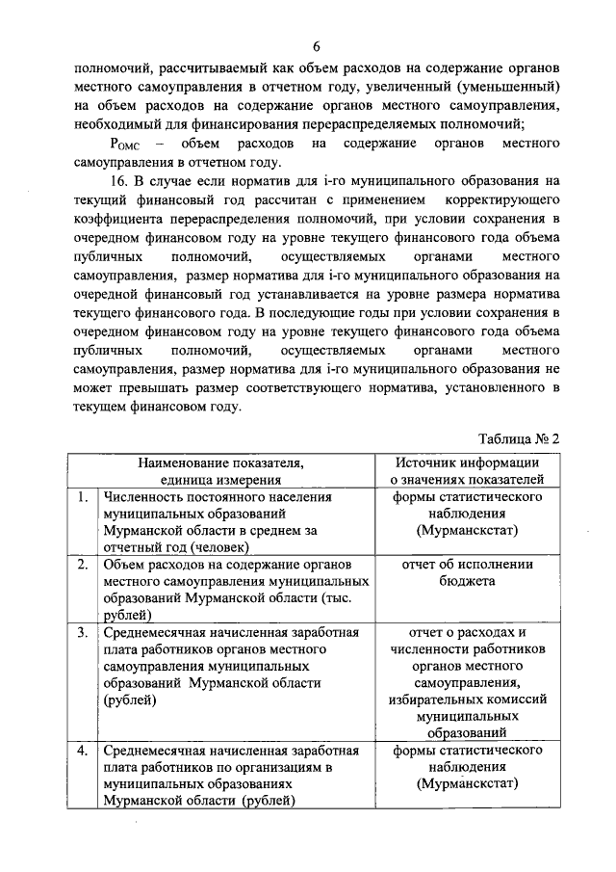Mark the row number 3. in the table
point(85,633)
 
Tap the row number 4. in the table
point(85,750)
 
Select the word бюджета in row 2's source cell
point(469,582)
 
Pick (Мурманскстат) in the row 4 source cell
point(468,783)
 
